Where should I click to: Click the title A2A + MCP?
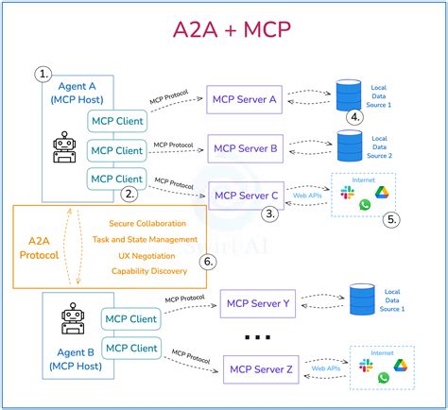pyautogui.click(x=224, y=34)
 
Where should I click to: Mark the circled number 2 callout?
pyautogui.click(x=129, y=194)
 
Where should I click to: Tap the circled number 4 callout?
pyautogui.click(x=354, y=118)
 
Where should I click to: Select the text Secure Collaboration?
pyautogui.click(x=154, y=223)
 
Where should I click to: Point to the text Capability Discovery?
pyautogui.click(x=154, y=271)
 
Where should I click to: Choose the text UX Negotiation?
pyautogui.click(x=154, y=255)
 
